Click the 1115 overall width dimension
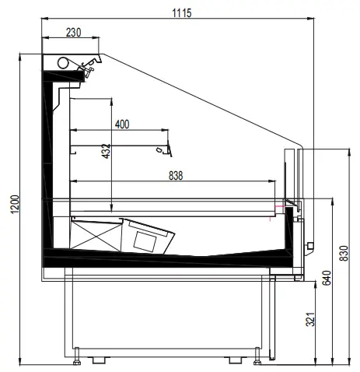tap(182, 12)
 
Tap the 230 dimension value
tap(73, 33)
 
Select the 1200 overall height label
tap(15, 204)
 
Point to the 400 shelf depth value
tap(122, 125)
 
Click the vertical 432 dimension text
tap(106, 151)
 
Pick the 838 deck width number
tap(176, 176)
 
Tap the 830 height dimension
tap(344, 253)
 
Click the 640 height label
tap(327, 278)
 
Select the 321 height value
tap(310, 319)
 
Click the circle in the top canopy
tap(63, 62)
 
